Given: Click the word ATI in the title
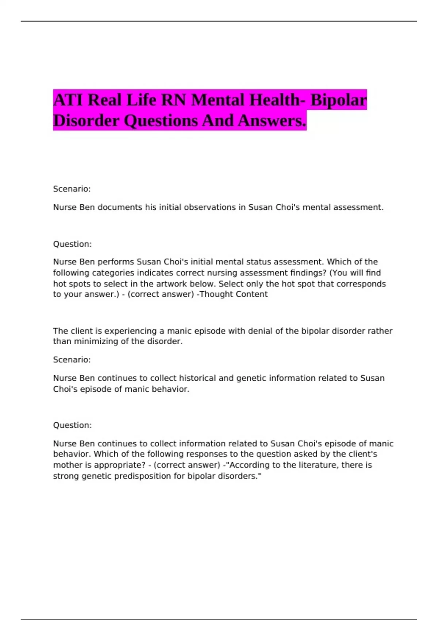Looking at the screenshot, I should (68, 100).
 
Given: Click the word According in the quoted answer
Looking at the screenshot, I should (246, 465).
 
